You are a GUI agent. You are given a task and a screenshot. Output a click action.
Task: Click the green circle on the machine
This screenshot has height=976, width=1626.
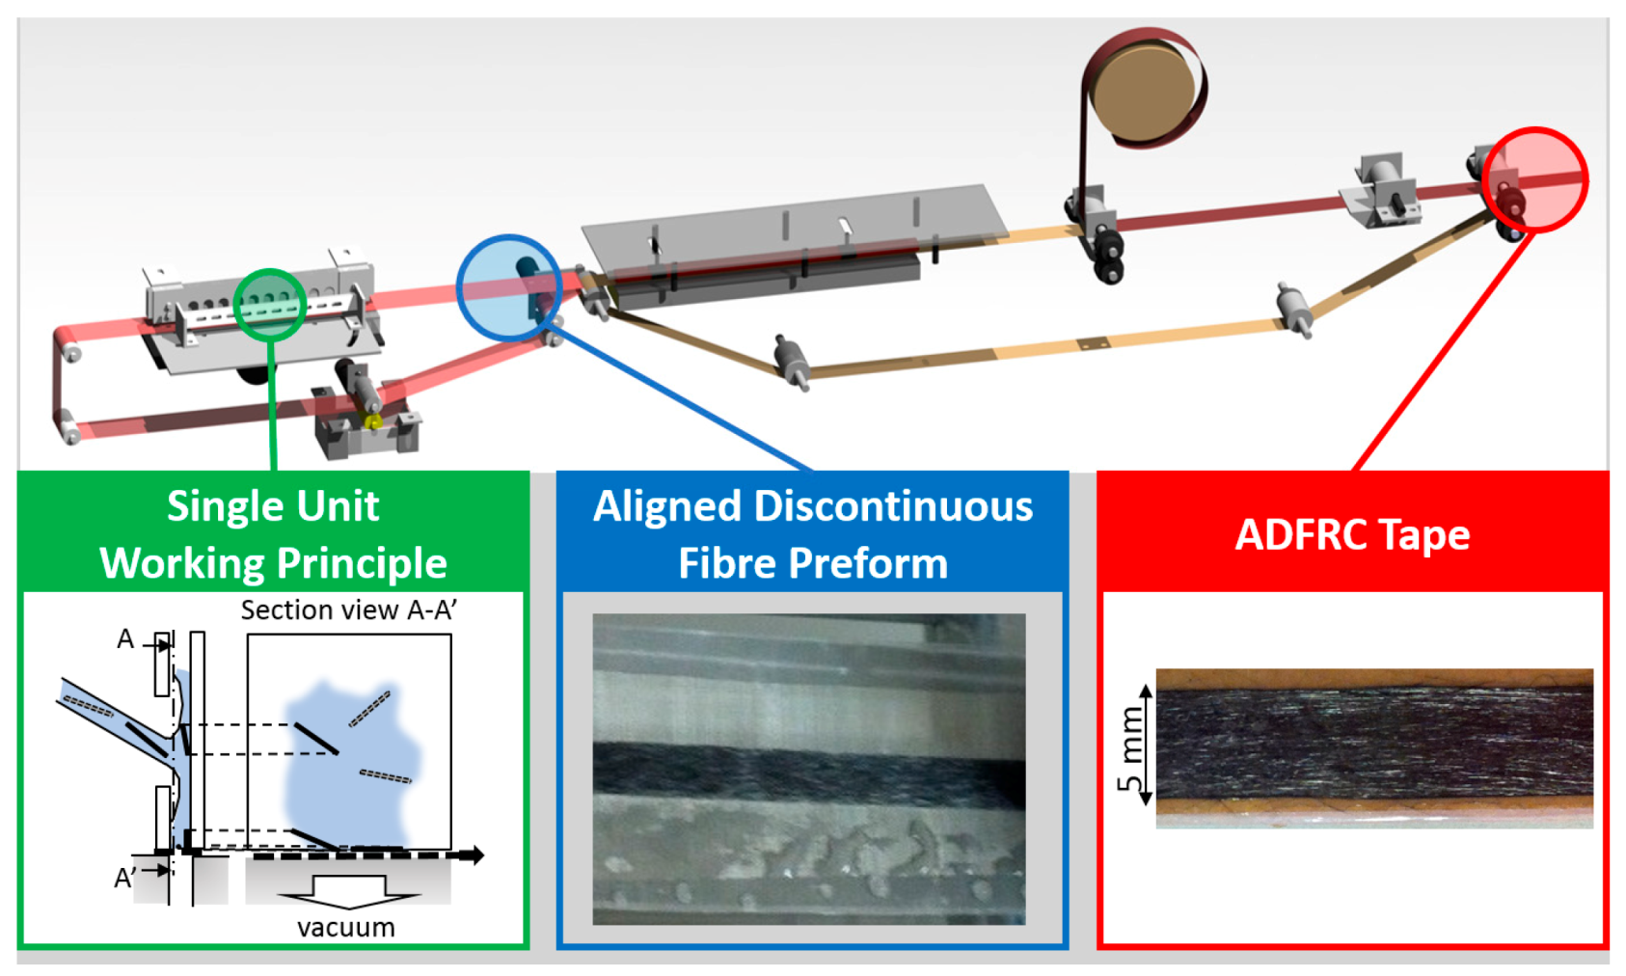(x=270, y=304)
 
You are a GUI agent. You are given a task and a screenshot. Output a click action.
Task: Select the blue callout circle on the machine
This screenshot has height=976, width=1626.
(x=508, y=287)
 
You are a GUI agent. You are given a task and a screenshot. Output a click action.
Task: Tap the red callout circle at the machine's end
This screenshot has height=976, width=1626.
(x=1535, y=180)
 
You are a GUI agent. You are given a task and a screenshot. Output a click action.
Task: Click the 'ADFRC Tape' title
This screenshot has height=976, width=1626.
(x=1352, y=534)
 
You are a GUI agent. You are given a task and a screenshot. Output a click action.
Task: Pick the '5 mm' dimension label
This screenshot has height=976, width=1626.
(x=1129, y=748)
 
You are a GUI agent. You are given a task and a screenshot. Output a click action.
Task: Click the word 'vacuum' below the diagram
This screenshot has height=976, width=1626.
(x=345, y=928)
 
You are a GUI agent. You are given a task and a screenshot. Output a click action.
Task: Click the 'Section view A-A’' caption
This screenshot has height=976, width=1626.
(x=348, y=610)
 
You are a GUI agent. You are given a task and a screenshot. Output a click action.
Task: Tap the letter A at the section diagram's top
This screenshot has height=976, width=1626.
(x=125, y=638)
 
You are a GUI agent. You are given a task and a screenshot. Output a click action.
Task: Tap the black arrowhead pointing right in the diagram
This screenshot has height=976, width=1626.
(x=474, y=854)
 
